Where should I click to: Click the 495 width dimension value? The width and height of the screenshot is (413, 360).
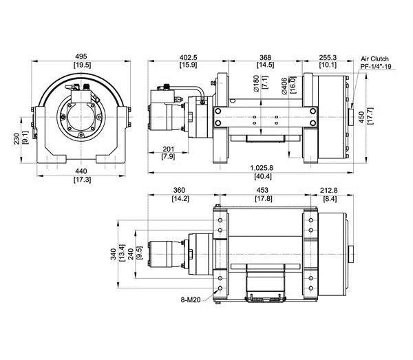[81, 56]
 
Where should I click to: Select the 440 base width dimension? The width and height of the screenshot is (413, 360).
[81, 171]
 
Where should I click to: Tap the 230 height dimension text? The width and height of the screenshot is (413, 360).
[17, 139]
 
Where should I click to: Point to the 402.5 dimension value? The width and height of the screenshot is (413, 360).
[188, 57]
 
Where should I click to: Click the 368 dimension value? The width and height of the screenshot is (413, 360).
[265, 57]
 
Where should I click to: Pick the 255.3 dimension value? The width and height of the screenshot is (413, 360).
[328, 57]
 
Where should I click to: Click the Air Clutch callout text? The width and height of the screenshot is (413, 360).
[374, 59]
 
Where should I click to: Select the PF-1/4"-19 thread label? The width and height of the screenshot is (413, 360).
[376, 66]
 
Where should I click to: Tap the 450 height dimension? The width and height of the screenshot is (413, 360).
[361, 117]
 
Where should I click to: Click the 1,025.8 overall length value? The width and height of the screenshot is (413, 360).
[262, 168]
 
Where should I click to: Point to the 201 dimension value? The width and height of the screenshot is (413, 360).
[169, 149]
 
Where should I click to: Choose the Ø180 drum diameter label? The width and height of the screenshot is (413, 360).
[256, 84]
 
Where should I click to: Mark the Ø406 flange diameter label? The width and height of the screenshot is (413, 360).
[284, 86]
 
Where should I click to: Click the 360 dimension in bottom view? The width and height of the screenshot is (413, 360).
[179, 190]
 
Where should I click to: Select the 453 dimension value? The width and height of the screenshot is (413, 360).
[262, 190]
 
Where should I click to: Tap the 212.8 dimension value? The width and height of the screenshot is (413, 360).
[329, 190]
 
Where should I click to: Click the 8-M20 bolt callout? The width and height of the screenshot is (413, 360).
[191, 299]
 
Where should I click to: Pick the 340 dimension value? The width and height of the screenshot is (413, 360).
[114, 254]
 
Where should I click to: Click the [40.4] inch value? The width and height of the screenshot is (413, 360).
[263, 176]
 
